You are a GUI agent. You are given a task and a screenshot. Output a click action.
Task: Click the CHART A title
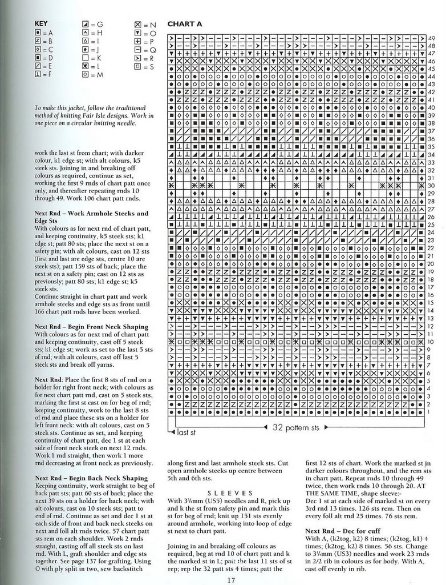(184, 25)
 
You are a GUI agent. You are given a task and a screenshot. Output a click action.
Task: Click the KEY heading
(41, 24)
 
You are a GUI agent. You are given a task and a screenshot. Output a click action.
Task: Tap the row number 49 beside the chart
(431, 38)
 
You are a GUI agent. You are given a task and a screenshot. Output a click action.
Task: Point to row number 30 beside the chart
(431, 186)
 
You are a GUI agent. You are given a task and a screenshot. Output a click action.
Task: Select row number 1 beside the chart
(431, 411)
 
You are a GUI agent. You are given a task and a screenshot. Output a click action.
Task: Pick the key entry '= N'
(144, 25)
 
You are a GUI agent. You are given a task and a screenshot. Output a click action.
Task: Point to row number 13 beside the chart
(431, 318)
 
